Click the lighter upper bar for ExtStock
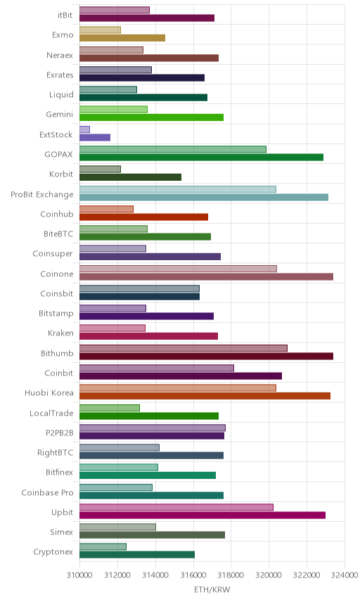84,129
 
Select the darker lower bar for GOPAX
202,157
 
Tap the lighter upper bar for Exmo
100,30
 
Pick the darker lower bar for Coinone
206,276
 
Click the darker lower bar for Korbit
131,177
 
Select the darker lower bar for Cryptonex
137,555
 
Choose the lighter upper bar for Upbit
176,507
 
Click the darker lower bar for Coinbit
181,376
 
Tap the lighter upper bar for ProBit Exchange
178,189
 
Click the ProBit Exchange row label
41,195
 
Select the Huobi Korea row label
49,392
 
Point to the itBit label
65,15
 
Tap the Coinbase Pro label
47,492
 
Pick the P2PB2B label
59,433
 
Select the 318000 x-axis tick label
231,575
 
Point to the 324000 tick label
345,575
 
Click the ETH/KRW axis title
212,589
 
